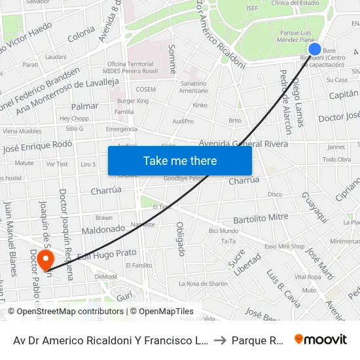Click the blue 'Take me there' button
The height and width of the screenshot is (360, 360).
pyautogui.click(x=180, y=161)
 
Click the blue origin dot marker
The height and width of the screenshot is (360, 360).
pyautogui.click(x=314, y=49)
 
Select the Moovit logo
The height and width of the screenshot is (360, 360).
pyautogui.click(x=321, y=340)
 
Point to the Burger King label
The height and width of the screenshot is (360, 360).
pyautogui.click(x=133, y=101)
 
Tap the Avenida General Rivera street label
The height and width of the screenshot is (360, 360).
pyautogui.click(x=234, y=144)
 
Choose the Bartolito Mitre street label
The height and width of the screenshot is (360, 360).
pyautogui.click(x=261, y=218)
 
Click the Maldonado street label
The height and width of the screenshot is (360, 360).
pyautogui.click(x=103, y=230)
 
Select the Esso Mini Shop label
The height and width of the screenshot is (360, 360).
pyautogui.click(x=284, y=247)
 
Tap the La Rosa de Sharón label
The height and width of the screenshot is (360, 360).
pyautogui.click(x=204, y=283)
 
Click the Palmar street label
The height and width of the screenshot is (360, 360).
pyautogui.click(x=84, y=106)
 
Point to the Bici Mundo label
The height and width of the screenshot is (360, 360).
pyautogui.click(x=223, y=231)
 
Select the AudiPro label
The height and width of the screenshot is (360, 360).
pyautogui.click(x=183, y=121)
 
